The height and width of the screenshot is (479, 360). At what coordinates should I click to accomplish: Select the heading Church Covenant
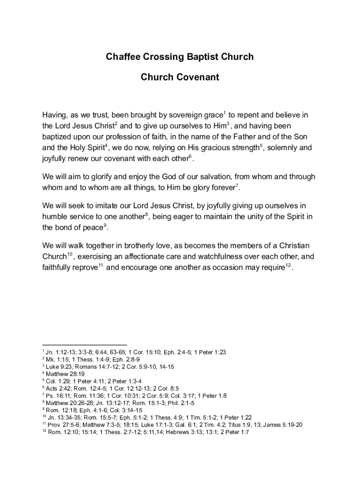(x=180, y=77)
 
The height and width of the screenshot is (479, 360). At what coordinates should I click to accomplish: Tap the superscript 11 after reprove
(x=101, y=266)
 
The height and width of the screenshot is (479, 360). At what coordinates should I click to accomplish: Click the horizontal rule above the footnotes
(x=85, y=345)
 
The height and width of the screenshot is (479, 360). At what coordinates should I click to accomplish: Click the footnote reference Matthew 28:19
(x=65, y=374)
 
